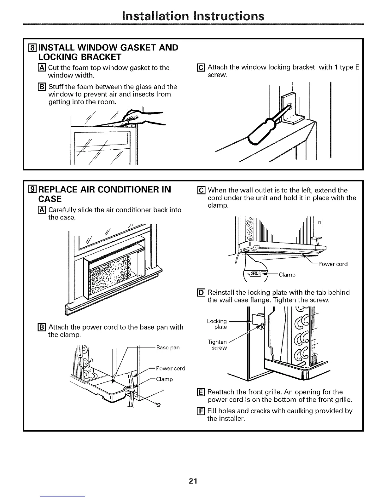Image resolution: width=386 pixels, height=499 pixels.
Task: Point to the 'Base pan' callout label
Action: coord(168,347)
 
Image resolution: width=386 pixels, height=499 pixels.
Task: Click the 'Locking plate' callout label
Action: coord(217,324)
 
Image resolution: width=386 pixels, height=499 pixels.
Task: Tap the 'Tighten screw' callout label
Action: coord(218,345)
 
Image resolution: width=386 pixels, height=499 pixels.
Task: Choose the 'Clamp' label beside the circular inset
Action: coord(287,275)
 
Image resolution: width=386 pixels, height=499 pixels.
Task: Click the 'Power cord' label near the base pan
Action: coord(170,368)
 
